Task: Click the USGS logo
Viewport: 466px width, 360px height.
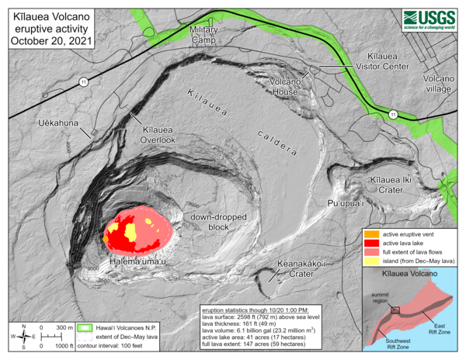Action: [430, 19]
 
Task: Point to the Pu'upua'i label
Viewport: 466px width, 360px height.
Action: [345, 202]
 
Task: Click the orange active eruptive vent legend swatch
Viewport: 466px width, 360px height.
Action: [371, 233]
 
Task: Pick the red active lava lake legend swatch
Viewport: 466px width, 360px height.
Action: [371, 243]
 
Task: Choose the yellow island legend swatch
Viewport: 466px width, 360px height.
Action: [371, 263]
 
